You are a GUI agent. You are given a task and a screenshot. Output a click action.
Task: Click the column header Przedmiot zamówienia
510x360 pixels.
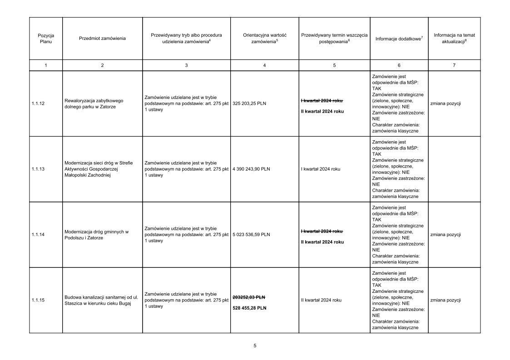point(102,38)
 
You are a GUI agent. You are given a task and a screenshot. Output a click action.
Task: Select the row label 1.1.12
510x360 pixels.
point(38,104)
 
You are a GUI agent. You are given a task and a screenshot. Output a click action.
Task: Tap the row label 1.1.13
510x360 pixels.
point(38,169)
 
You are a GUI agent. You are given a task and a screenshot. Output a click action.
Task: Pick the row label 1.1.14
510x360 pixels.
point(38,235)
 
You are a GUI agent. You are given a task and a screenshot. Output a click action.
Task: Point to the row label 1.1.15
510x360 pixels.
point(38,300)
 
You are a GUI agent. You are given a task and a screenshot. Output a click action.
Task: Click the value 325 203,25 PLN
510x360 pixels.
point(249,104)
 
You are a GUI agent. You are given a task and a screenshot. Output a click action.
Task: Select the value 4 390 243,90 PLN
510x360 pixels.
point(251,169)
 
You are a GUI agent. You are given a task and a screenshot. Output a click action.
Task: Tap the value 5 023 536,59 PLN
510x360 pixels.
point(251,235)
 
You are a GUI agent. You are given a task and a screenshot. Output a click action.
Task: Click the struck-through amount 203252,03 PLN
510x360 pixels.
point(249,297)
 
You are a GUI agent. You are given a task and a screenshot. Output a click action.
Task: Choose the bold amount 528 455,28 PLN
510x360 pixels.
point(249,308)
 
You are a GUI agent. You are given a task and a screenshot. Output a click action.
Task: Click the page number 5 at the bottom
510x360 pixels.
point(255,346)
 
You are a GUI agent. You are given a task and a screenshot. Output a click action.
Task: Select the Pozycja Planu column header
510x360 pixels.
point(46,38)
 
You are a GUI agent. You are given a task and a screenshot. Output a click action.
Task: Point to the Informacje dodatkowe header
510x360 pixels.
point(399,39)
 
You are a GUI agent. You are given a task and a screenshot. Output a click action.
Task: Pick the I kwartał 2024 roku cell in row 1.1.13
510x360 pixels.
point(321,169)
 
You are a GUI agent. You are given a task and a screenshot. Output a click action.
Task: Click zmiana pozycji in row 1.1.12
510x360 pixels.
point(446,104)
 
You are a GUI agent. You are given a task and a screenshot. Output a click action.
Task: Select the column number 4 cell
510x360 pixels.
point(264,65)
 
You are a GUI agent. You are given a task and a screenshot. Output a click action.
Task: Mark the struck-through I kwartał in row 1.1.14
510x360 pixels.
point(322,231)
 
